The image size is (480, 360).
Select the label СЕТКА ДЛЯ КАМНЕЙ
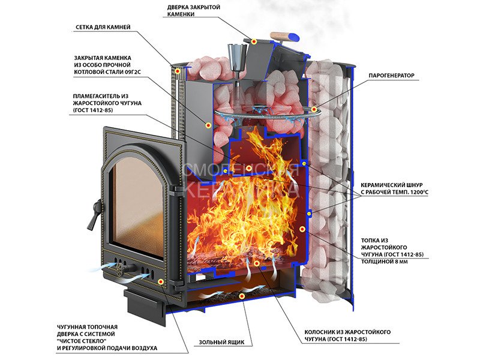(103, 27)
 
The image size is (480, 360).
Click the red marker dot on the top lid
(254, 41)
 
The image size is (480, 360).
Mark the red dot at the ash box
(241, 296)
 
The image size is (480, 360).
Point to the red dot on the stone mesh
(178, 71)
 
